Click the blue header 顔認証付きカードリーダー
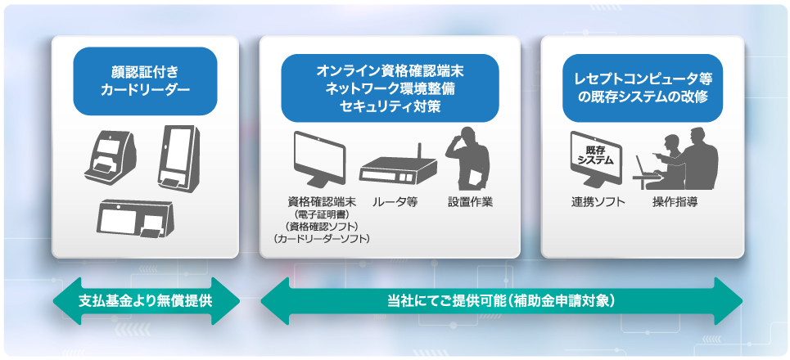tap(145, 82)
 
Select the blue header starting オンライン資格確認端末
tap(390, 88)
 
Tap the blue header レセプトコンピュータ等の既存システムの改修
tap(643, 88)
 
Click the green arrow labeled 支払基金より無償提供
tap(146, 301)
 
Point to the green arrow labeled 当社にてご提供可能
tap(501, 301)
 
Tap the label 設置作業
tap(470, 202)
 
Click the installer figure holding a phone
tap(467, 158)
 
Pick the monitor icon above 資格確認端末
tap(319, 159)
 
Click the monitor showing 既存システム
tap(596, 159)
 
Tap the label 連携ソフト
tap(598, 202)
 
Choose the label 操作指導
tap(675, 202)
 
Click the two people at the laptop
tap(676, 159)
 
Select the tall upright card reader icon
tap(179, 159)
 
